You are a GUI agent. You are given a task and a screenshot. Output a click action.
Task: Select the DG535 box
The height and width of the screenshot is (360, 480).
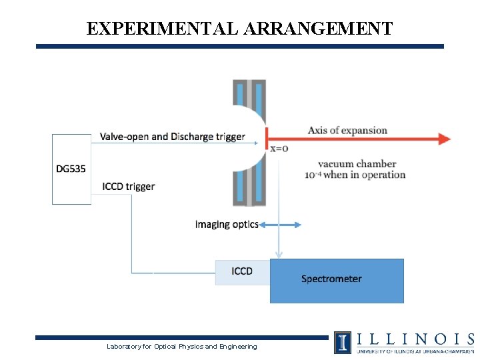click(x=71, y=169)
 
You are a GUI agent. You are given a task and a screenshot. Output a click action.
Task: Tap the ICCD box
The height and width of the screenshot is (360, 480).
click(x=242, y=272)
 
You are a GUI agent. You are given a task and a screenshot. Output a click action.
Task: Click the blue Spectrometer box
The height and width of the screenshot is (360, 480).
click(x=337, y=280)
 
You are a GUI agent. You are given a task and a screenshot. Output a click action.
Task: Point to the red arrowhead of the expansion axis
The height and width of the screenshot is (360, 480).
click(x=444, y=139)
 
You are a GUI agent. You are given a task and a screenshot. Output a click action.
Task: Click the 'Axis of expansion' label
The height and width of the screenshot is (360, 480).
click(x=347, y=130)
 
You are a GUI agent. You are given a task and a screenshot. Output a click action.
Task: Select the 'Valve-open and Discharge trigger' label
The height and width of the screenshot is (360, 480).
click(x=172, y=137)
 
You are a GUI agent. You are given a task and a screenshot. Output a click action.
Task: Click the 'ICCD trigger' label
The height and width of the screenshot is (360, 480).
click(x=129, y=186)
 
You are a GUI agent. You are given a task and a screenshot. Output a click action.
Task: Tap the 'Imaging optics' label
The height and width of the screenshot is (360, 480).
click(x=227, y=224)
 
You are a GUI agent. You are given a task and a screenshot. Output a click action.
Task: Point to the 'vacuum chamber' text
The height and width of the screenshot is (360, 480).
click(x=357, y=164)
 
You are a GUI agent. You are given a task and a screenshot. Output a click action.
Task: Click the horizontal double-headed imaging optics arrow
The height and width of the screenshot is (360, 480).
click(x=280, y=225)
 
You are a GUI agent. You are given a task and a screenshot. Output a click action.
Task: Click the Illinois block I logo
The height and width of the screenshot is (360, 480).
click(x=343, y=342)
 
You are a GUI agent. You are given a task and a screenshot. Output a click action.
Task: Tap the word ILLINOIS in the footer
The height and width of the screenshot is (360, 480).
click(x=414, y=339)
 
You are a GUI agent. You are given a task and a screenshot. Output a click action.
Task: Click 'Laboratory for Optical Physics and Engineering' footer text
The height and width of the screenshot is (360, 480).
click(x=182, y=347)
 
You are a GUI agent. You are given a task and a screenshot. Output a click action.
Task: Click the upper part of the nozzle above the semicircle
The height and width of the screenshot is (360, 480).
click(x=249, y=93)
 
